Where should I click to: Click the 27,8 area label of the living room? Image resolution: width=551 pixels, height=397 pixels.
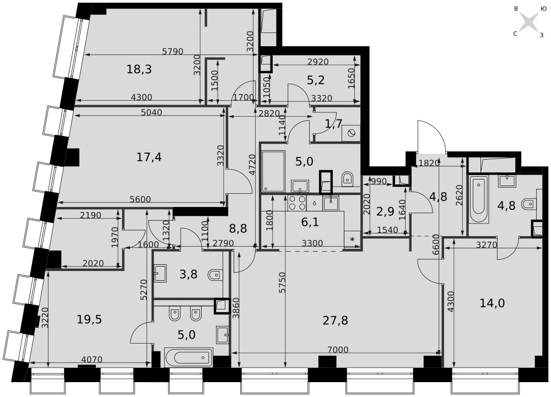pos(335,320)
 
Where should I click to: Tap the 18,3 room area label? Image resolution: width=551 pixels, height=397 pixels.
pos(139,69)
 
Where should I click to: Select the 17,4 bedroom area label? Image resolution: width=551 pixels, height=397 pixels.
pos(149,157)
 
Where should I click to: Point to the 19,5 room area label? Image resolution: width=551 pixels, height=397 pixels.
pos(89,319)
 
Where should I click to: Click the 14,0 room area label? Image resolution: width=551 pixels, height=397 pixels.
pos(492,303)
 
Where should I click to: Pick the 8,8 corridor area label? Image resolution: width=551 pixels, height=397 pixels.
pos(237,229)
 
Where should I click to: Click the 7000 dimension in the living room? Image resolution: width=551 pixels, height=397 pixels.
pos(338,349)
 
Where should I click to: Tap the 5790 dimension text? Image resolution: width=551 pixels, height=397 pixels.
pos(172,51)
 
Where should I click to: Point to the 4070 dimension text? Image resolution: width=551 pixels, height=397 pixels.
pos(91,360)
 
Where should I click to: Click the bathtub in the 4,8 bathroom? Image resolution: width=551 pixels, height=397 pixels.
pos(479,200)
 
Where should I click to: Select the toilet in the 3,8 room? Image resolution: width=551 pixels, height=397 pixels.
pos(215,275)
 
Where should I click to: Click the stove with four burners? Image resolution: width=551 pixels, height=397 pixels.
pos(297,203)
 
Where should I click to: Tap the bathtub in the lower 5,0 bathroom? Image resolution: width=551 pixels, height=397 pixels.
pos(188,357)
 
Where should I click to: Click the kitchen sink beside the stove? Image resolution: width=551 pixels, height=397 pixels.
pos(331,203)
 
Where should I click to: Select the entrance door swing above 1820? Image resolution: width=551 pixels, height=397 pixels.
pos(431,136)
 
